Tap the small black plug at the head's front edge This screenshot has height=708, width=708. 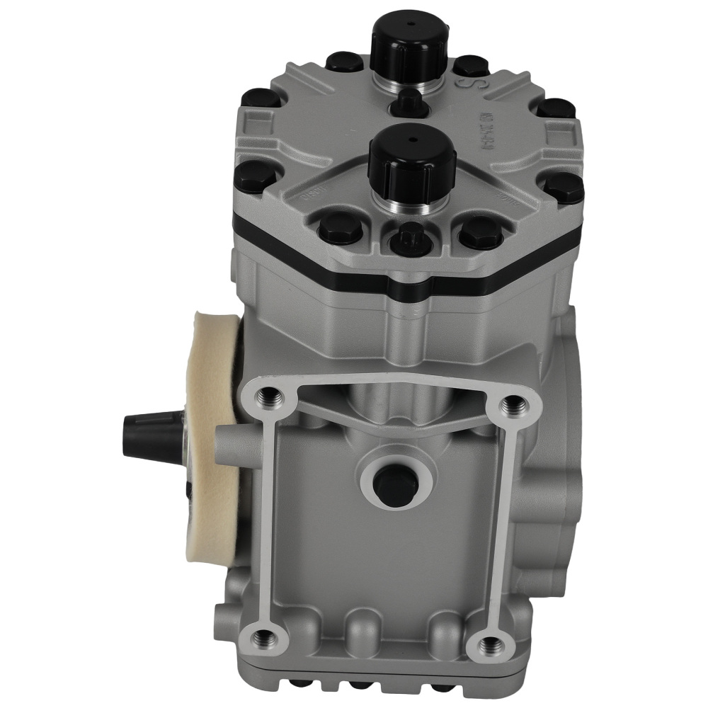[409, 240]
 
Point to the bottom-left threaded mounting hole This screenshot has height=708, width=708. [264, 637]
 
